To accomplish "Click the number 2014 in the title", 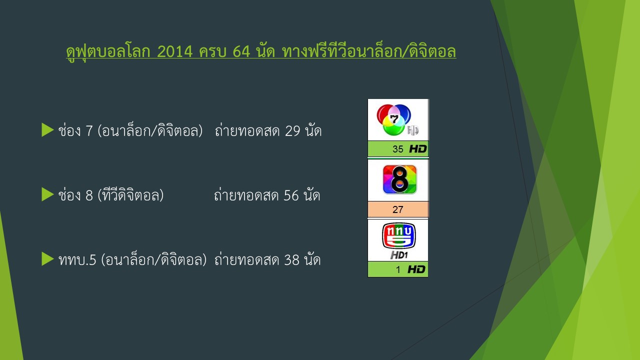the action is coord(175,51).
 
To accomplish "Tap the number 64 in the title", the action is coord(241,51).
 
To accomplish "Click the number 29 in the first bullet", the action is coord(292,131).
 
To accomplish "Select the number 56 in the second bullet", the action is coord(291,195).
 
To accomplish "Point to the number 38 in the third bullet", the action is coord(291,260).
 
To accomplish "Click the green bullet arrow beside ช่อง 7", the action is coord(47,130).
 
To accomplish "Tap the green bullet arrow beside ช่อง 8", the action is coord(47,194).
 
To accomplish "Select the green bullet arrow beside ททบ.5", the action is coord(47,259).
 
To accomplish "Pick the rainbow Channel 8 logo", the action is coord(399,179).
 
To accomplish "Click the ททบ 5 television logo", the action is coord(399,235).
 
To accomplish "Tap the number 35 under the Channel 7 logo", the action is coord(397,149).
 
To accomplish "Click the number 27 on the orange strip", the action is coord(397,209).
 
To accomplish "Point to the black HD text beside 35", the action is coord(418,149).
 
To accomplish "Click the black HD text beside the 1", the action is coord(416,269).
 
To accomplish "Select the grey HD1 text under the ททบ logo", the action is coord(399,255).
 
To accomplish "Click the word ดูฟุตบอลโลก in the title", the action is coord(108,52).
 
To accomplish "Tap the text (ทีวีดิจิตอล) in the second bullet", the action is coord(130,195).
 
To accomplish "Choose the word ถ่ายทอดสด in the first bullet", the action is coord(247,130).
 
